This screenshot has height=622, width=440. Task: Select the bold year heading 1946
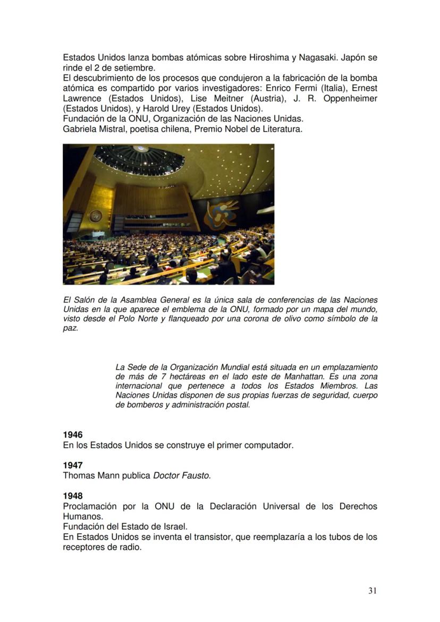pos(73,435)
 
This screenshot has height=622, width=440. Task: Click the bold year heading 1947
pos(73,466)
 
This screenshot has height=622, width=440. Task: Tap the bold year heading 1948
pos(73,497)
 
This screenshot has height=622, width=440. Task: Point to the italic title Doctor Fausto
pos(182,476)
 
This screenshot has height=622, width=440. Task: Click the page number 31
pos(373,591)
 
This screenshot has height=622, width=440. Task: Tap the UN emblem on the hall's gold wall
pos(96,216)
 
